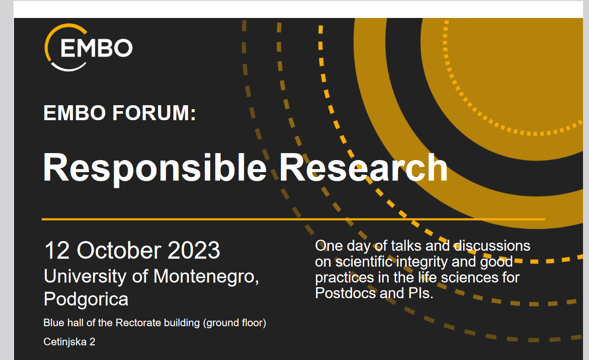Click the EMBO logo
89,47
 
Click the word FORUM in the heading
154,113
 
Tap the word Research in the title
363,168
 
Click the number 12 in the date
57,250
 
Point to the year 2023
194,250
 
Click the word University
85,277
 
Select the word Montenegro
206,277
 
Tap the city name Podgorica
86,300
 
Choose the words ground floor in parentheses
235,323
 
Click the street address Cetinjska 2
69,342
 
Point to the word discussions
492,246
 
